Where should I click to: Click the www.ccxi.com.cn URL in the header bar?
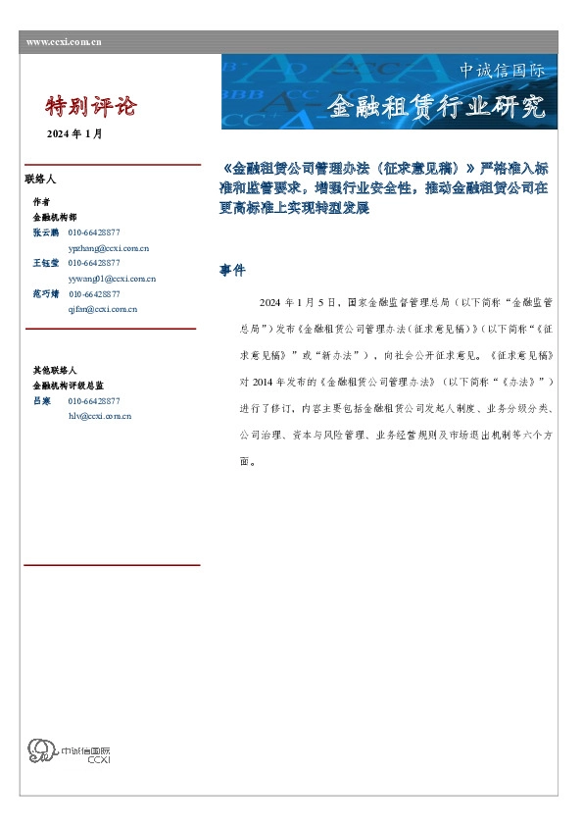click(x=64, y=42)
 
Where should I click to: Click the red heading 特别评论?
click(x=92, y=106)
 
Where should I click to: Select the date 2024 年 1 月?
click(x=74, y=133)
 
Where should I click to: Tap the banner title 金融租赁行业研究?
click(x=434, y=107)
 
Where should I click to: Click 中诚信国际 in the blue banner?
click(x=502, y=72)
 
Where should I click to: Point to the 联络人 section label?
click(x=40, y=180)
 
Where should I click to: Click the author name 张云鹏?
click(x=46, y=232)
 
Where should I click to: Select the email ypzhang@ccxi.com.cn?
click(x=108, y=247)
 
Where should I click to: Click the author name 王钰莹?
click(x=46, y=263)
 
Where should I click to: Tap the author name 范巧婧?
click(x=46, y=293)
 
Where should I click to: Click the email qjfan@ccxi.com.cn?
click(x=102, y=309)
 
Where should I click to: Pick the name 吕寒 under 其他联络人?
click(x=41, y=401)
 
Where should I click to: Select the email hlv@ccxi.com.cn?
click(x=99, y=416)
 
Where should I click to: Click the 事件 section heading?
click(x=232, y=270)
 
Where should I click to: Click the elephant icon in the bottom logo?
click(x=42, y=752)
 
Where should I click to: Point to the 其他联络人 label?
click(x=54, y=371)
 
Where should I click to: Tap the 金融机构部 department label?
click(x=54, y=217)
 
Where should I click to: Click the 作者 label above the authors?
click(x=41, y=202)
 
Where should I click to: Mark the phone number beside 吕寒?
click(x=94, y=401)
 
